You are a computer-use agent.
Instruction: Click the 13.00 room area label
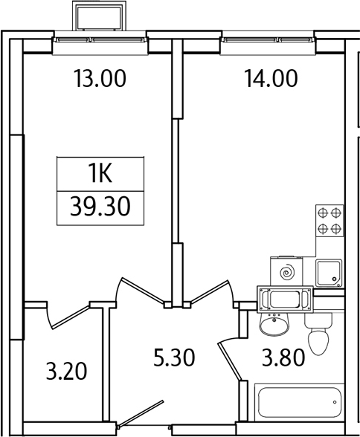pyautogui.click(x=100, y=78)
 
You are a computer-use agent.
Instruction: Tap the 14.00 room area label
pyautogui.click(x=271, y=78)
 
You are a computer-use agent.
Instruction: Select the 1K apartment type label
pyautogui.click(x=100, y=174)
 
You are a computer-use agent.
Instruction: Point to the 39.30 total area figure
pyautogui.click(x=100, y=207)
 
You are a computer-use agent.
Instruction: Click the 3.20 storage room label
pyautogui.click(x=66, y=371)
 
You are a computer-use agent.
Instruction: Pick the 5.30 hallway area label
pyautogui.click(x=174, y=357)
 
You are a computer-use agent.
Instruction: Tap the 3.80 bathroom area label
pyautogui.click(x=283, y=357)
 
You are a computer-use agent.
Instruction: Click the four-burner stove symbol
pyautogui.click(x=330, y=221)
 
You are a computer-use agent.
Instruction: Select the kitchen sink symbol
pyautogui.click(x=329, y=273)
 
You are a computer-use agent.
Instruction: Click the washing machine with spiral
pyautogui.click(x=286, y=271)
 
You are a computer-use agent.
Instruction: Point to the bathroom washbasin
pyautogui.click(x=274, y=323)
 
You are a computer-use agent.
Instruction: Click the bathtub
pyautogui.click(x=300, y=403)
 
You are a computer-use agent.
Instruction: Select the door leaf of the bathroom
pyautogui.click(x=230, y=361)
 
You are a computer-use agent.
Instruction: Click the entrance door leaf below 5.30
pyautogui.click(x=141, y=413)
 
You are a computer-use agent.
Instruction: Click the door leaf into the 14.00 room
pyautogui.click(x=210, y=292)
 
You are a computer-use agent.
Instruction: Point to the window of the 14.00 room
pyautogui.click(x=268, y=40)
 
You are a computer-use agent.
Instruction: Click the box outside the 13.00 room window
pyautogui.click(x=99, y=16)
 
